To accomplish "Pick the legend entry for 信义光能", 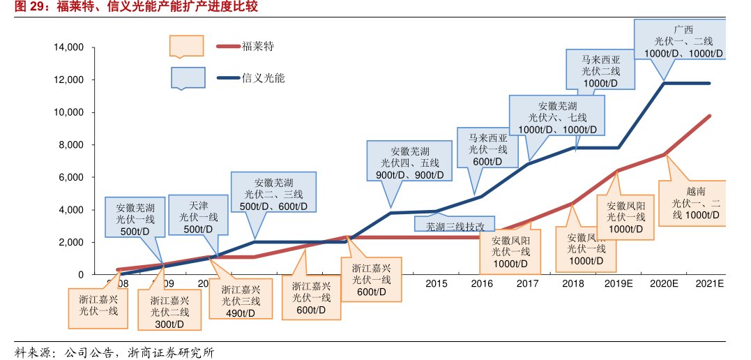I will click(x=264, y=78).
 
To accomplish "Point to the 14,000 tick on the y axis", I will click(x=69, y=47).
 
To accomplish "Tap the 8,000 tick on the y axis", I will click(x=72, y=145).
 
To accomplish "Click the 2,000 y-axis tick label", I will click(x=72, y=242).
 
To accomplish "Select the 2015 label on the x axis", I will click(x=436, y=284).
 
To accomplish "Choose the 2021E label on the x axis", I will click(x=710, y=284).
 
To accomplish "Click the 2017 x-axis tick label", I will click(x=527, y=284).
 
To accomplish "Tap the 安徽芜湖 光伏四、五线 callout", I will click(x=409, y=163).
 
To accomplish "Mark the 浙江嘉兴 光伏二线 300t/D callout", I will click(x=168, y=312).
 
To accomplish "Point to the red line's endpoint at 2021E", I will click(x=710, y=116).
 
